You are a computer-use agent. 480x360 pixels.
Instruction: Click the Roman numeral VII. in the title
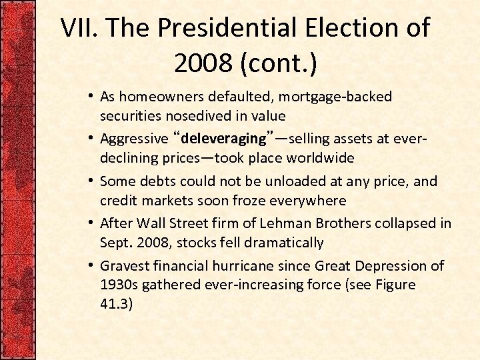[x=81, y=29]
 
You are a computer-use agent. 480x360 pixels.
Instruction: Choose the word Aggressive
[x=134, y=139]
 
